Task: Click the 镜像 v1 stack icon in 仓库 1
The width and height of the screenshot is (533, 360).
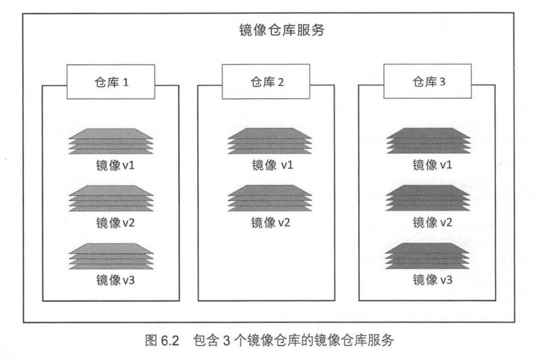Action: point(110,142)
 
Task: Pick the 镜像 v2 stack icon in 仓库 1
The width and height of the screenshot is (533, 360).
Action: point(110,199)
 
